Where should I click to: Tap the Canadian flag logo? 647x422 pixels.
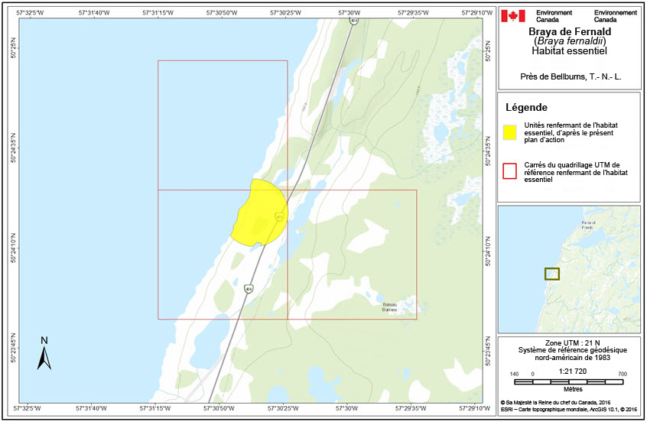pyautogui.click(x=512, y=16)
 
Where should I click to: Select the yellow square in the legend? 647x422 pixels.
pyautogui.click(x=509, y=131)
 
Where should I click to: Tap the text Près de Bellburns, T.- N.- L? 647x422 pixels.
pyautogui.click(x=569, y=77)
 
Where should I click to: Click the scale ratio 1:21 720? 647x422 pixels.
pyautogui.click(x=570, y=371)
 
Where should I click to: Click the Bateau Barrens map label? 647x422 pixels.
pyautogui.click(x=390, y=307)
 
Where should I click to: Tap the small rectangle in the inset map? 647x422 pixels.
pyautogui.click(x=551, y=273)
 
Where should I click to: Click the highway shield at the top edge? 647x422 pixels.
pyautogui.click(x=353, y=21)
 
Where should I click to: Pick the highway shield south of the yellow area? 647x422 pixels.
pyautogui.click(x=249, y=288)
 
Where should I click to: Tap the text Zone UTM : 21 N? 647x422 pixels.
pyautogui.click(x=569, y=342)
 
